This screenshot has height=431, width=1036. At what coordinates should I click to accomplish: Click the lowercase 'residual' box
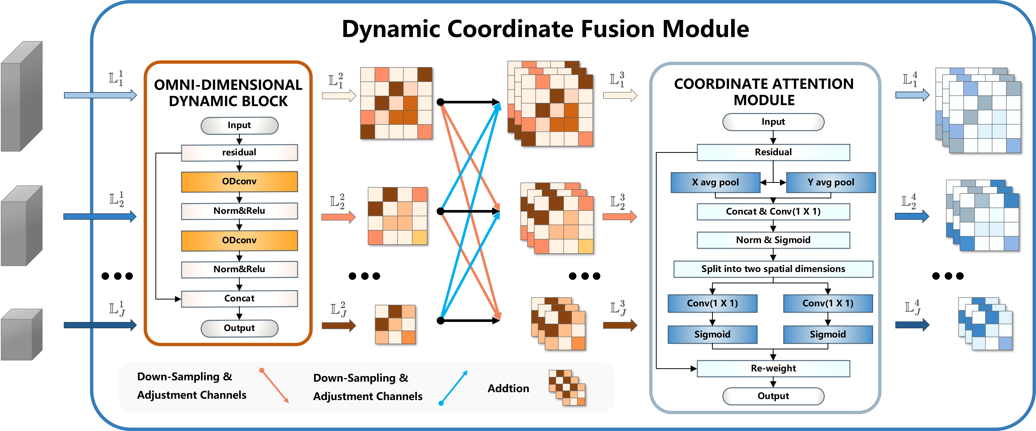click(239, 152)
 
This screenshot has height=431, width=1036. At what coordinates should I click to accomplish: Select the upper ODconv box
click(239, 181)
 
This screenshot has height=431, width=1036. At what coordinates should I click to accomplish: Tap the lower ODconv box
click(239, 240)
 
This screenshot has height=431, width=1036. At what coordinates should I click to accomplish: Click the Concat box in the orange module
click(239, 298)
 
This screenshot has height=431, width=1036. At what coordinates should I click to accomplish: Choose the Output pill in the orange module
click(239, 328)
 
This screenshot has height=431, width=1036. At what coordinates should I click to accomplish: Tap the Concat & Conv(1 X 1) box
click(773, 211)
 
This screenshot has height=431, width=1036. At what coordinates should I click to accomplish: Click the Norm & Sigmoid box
click(773, 240)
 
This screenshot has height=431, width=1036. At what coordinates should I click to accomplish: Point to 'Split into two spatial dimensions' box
click(773, 269)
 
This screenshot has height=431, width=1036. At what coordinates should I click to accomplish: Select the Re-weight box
click(773, 368)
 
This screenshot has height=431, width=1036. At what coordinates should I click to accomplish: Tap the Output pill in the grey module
click(773, 396)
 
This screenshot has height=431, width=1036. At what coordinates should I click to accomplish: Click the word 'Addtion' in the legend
click(508, 388)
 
